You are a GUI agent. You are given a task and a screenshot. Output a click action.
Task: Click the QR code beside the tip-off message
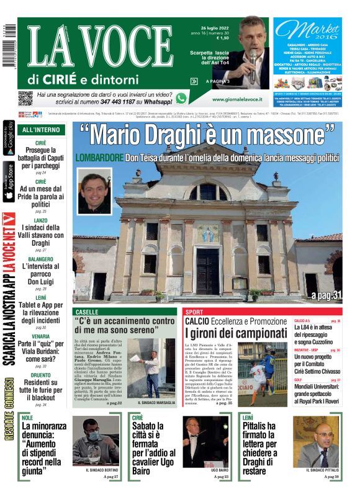25,97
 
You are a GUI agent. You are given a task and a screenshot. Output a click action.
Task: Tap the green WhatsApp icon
181,98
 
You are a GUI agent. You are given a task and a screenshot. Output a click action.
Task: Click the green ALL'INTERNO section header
41,130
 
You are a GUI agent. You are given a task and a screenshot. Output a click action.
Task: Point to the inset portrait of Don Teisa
95,189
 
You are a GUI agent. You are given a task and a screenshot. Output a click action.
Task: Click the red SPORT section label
194,312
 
